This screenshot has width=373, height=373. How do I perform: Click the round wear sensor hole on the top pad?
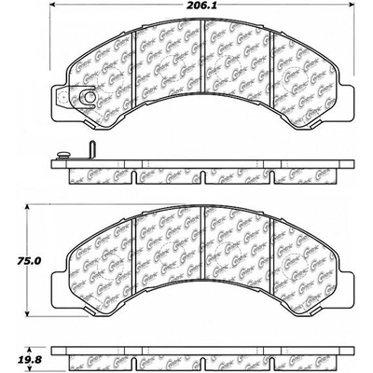click(x=85, y=94)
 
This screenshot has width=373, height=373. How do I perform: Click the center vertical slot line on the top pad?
click(x=204, y=64)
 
